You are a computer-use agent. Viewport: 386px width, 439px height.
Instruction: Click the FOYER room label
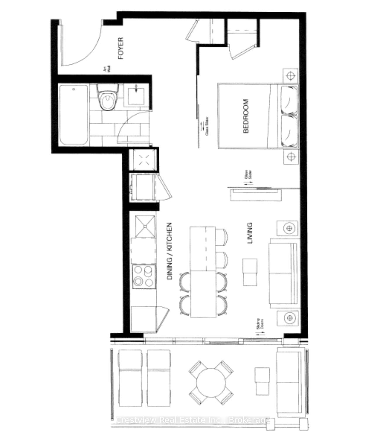coord(121,48)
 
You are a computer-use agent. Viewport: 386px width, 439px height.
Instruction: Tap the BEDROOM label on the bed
coord(246,116)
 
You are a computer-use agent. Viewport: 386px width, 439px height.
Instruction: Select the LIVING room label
coord(250,233)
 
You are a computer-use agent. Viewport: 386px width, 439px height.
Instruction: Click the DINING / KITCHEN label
coord(170,251)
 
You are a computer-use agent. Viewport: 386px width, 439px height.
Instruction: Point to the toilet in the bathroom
coord(108,98)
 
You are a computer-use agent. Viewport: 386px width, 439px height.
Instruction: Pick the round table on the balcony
coord(211,382)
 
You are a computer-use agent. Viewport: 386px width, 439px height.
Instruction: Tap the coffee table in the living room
coord(250,272)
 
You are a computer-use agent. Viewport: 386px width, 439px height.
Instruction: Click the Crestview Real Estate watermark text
coord(193,420)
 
